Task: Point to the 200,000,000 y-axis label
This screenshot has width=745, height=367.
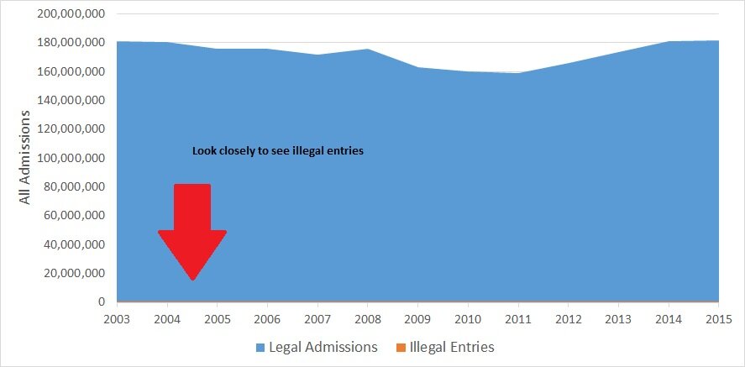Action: (x=71, y=13)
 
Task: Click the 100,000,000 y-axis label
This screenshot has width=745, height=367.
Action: (x=71, y=158)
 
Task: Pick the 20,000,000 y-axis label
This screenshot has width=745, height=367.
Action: (x=74, y=273)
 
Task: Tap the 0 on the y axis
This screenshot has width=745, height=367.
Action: (x=102, y=301)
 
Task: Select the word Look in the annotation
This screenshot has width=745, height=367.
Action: (x=203, y=151)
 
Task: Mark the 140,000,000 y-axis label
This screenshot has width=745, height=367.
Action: (x=71, y=100)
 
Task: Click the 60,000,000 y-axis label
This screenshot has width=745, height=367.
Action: (x=74, y=215)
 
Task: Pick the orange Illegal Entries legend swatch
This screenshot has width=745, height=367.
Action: (x=401, y=347)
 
